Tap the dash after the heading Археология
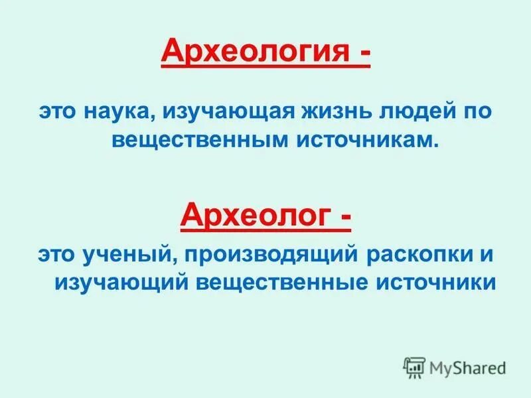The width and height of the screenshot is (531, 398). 364,53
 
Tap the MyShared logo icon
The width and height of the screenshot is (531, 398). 414,367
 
